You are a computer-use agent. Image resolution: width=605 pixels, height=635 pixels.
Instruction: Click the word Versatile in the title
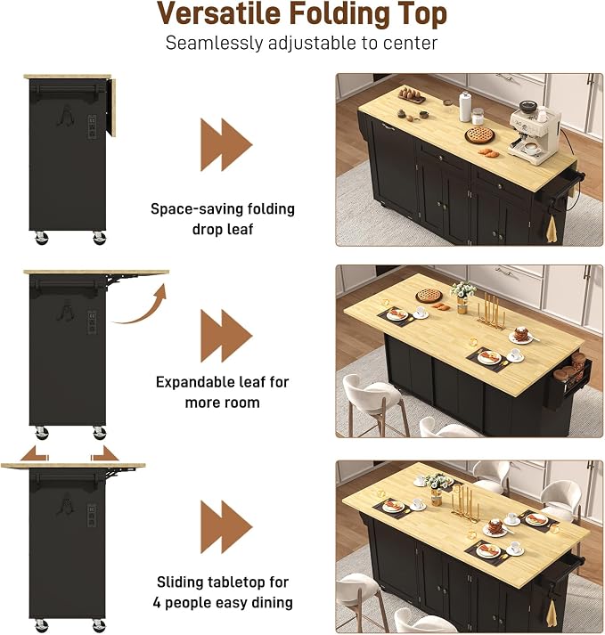tap(219, 13)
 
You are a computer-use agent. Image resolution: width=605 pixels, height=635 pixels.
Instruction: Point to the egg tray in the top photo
tap(412, 95)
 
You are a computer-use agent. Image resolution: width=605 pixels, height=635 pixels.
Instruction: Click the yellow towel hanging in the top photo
tap(552, 230)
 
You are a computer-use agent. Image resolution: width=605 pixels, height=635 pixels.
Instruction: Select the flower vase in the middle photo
tap(462, 297)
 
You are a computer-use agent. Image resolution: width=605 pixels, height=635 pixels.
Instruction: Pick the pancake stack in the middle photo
tap(520, 336)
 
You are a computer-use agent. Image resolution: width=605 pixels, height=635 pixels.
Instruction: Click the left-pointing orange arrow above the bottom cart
tap(35, 453)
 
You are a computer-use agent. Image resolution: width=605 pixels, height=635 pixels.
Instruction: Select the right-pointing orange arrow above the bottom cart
tap(104, 453)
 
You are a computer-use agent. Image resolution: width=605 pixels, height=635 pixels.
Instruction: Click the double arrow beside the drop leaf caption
tap(226, 144)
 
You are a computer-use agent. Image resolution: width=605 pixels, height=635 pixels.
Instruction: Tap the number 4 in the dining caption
tap(157, 603)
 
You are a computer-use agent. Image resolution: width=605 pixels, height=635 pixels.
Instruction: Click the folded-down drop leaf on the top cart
tap(112, 107)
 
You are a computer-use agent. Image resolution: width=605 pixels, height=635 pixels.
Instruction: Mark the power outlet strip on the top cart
tap(92, 127)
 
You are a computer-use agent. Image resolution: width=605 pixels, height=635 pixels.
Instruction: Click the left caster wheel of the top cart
tap(41, 237)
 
